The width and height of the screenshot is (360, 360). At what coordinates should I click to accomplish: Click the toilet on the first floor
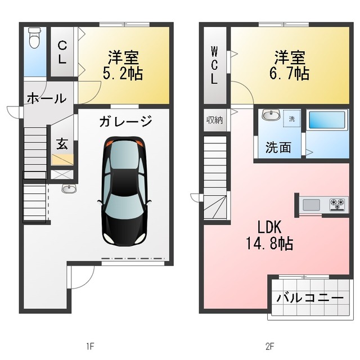tap(35, 38)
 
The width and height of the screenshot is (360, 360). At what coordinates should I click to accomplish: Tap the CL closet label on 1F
tap(62, 52)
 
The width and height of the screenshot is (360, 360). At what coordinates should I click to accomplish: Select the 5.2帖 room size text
tap(123, 73)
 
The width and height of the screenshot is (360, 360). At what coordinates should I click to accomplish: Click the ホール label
tap(47, 98)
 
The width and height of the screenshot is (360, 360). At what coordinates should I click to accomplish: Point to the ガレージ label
tap(125, 121)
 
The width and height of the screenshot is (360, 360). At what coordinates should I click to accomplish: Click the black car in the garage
tap(124, 191)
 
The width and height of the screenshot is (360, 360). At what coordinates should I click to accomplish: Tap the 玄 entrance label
tap(62, 144)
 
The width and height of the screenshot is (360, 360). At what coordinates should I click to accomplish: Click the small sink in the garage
tap(69, 189)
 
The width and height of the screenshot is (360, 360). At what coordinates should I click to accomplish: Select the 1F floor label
tap(91, 346)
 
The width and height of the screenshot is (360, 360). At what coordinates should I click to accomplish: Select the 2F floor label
tap(270, 346)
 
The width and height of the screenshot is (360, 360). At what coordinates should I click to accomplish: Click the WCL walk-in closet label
tap(214, 65)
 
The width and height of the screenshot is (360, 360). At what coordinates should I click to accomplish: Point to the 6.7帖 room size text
tap(289, 73)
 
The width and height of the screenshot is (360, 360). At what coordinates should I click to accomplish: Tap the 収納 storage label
tap(215, 120)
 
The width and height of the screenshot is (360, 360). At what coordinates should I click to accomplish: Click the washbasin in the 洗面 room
tap(271, 114)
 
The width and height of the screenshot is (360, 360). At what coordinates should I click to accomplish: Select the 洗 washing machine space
tap(291, 119)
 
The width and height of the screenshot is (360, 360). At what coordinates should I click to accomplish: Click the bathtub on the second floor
tap(327, 120)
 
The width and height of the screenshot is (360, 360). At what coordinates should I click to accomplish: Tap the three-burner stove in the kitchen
tap(337, 204)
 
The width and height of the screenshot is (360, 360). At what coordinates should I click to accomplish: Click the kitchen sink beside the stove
tap(311, 205)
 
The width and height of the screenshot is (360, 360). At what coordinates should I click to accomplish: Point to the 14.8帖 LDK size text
tap(269, 244)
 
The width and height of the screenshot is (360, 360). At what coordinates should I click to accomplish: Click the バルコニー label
tap(310, 298)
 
